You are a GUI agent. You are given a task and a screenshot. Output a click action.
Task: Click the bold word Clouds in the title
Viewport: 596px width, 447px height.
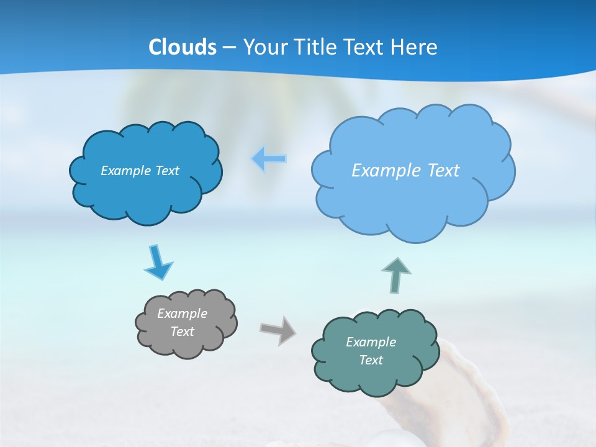pyautogui.click(x=183, y=47)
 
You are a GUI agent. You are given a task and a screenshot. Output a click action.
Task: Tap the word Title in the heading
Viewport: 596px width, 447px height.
pyautogui.click(x=316, y=47)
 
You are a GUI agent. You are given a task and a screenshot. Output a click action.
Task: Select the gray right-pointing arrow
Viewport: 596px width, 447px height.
pyautogui.click(x=278, y=330)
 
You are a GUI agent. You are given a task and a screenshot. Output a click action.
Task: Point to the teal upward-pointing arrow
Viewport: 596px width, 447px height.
pyautogui.click(x=396, y=275)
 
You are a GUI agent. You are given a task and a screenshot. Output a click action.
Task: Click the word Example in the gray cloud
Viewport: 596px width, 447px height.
pyautogui.click(x=182, y=314)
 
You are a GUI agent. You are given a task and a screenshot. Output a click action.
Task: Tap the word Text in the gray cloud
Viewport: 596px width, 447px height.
pyautogui.click(x=182, y=332)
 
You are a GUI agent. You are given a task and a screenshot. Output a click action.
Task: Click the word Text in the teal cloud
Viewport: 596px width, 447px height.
pyautogui.click(x=371, y=360)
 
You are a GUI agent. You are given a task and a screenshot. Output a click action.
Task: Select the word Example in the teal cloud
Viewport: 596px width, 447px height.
pyautogui.click(x=371, y=342)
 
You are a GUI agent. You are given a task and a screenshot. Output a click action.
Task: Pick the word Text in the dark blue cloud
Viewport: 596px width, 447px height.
pyautogui.click(x=166, y=171)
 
